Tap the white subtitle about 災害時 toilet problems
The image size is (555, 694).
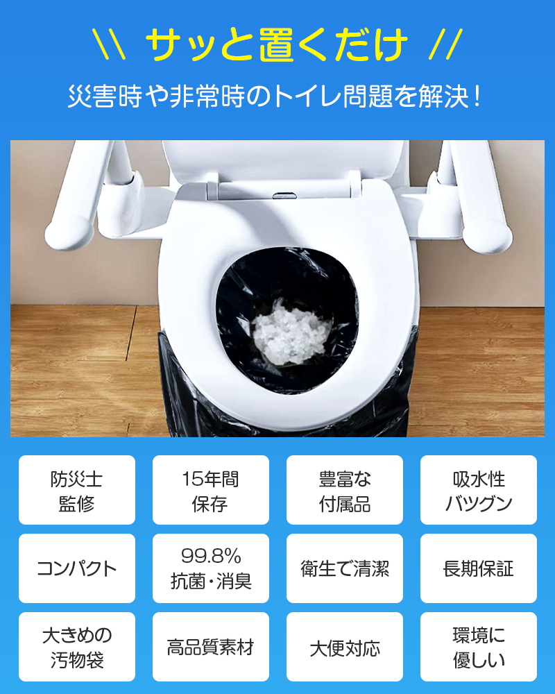[x=275, y=96]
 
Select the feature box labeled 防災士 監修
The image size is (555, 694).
[x=76, y=491]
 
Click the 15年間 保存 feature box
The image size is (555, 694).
[x=210, y=491]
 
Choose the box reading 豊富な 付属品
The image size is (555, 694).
[x=344, y=491]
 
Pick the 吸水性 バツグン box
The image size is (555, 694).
[x=478, y=491]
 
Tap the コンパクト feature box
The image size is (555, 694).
[x=76, y=569]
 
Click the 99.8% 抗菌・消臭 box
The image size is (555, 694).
[x=210, y=569]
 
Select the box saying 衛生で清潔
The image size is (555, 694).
[x=344, y=569]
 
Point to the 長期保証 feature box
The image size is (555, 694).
[x=478, y=569]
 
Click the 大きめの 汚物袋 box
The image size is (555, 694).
[x=76, y=648]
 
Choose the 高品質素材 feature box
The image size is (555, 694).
[x=210, y=648]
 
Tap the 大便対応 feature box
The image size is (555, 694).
[x=344, y=648]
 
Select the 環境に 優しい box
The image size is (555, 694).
[x=478, y=648]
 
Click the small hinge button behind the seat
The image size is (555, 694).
[x=282, y=194]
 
